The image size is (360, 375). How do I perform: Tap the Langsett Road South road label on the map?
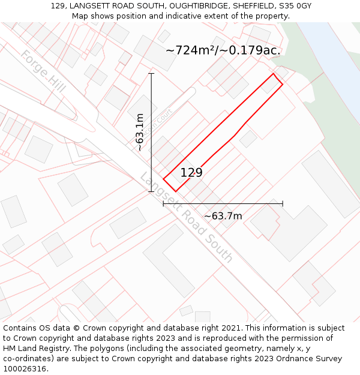[186, 218]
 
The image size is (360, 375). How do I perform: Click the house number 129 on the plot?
[191, 173]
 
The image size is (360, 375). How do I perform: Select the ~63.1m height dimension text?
[140, 132]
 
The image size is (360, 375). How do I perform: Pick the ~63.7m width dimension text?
[223, 216]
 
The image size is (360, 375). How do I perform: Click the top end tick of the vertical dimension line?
[151, 74]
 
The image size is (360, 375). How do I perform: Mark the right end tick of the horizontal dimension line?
[283, 204]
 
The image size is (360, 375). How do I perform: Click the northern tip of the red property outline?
[274, 74]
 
